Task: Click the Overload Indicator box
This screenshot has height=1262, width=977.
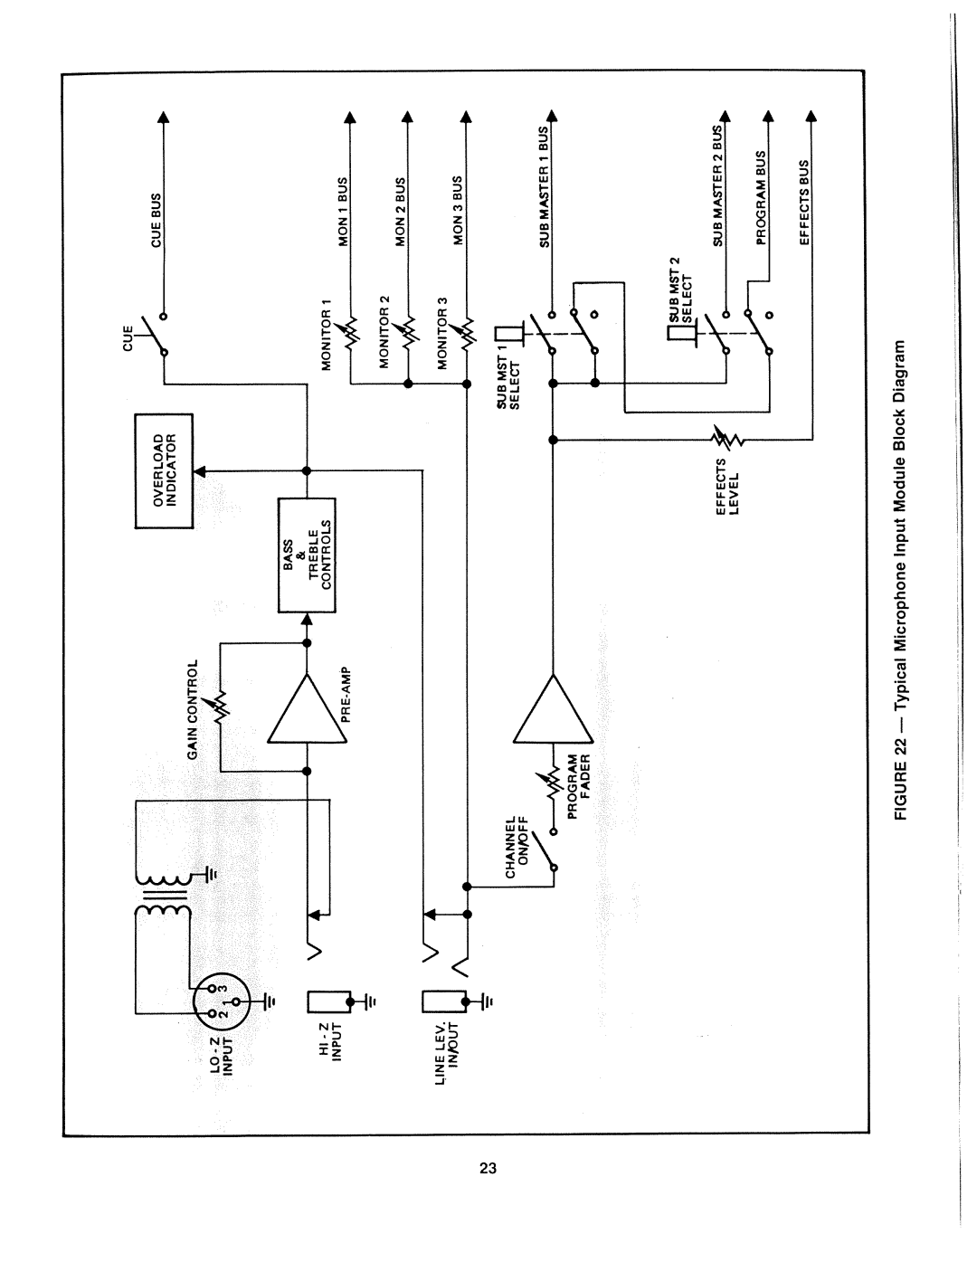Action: coord(165,470)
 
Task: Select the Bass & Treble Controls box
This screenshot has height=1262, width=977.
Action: coord(307,555)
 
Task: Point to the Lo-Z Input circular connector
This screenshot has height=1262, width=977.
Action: coord(216,999)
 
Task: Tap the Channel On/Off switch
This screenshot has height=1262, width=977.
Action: coord(545,849)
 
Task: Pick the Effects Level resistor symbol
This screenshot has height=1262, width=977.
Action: coord(727,440)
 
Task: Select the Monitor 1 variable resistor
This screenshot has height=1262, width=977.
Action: coord(351,332)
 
